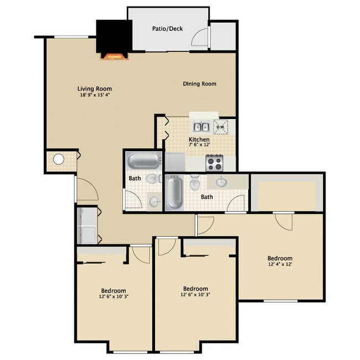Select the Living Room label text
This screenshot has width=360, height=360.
point(95,88)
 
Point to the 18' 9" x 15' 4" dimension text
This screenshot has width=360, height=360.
point(95,95)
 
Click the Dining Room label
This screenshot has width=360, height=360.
point(199,84)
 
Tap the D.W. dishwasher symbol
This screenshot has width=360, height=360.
point(221,127)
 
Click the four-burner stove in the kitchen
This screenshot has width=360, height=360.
point(214,163)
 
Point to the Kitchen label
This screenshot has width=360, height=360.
point(199,140)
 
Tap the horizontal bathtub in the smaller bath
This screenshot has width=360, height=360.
point(143,162)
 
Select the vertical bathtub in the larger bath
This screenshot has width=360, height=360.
point(174,192)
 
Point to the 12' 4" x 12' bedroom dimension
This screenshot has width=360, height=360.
point(280,264)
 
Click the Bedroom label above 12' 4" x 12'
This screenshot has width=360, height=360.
point(280,258)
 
